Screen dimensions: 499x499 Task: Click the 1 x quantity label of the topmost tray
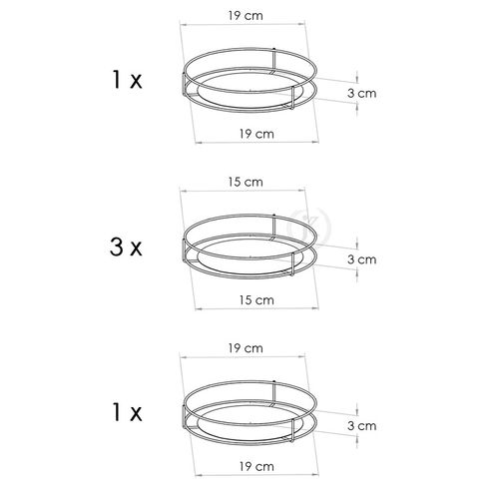[x=127, y=80]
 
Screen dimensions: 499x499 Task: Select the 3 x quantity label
[x=126, y=248]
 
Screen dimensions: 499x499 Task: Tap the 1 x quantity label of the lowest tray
[x=127, y=413]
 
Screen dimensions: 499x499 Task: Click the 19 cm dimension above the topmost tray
[x=246, y=16]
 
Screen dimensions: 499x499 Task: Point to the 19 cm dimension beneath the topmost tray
[x=256, y=134]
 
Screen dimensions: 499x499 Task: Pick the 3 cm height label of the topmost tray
[x=362, y=93]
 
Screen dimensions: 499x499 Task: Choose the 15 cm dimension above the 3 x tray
[x=246, y=182]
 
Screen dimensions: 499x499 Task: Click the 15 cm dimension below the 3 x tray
[x=256, y=300]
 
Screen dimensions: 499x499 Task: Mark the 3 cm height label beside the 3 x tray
[x=362, y=259]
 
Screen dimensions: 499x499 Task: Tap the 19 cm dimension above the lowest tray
[x=246, y=348]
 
